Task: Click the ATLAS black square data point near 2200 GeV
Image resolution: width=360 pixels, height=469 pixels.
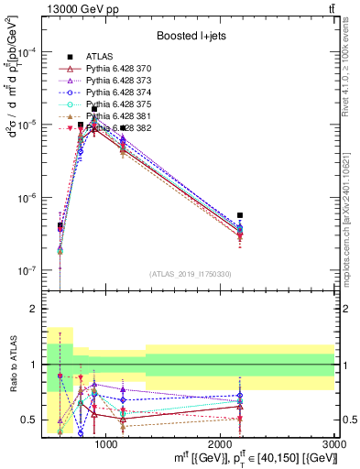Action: point(240,215)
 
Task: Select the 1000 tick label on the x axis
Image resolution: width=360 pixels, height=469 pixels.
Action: point(106,443)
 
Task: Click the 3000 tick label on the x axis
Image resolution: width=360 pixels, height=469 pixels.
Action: point(335,443)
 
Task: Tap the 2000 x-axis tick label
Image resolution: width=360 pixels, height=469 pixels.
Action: point(221,443)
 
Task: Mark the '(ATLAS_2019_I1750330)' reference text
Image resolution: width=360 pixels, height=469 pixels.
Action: point(190,274)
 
